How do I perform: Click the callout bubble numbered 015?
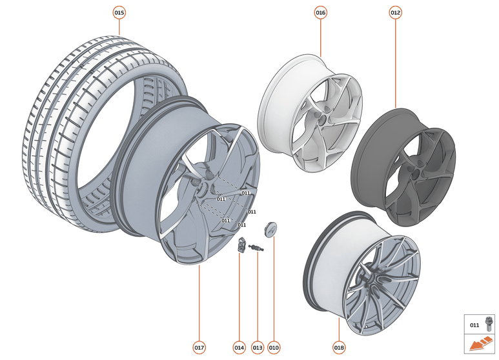(119, 12)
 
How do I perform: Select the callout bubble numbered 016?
(321, 12)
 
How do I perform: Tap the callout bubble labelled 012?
(396, 12)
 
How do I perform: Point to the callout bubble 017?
(199, 348)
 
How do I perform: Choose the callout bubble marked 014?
(239, 348)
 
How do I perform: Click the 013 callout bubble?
(258, 348)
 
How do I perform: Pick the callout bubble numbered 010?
(274, 348)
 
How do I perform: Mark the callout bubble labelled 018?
(339, 348)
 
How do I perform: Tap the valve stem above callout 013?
(258, 248)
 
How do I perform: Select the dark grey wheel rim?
(401, 168)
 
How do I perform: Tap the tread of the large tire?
(58, 116)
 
